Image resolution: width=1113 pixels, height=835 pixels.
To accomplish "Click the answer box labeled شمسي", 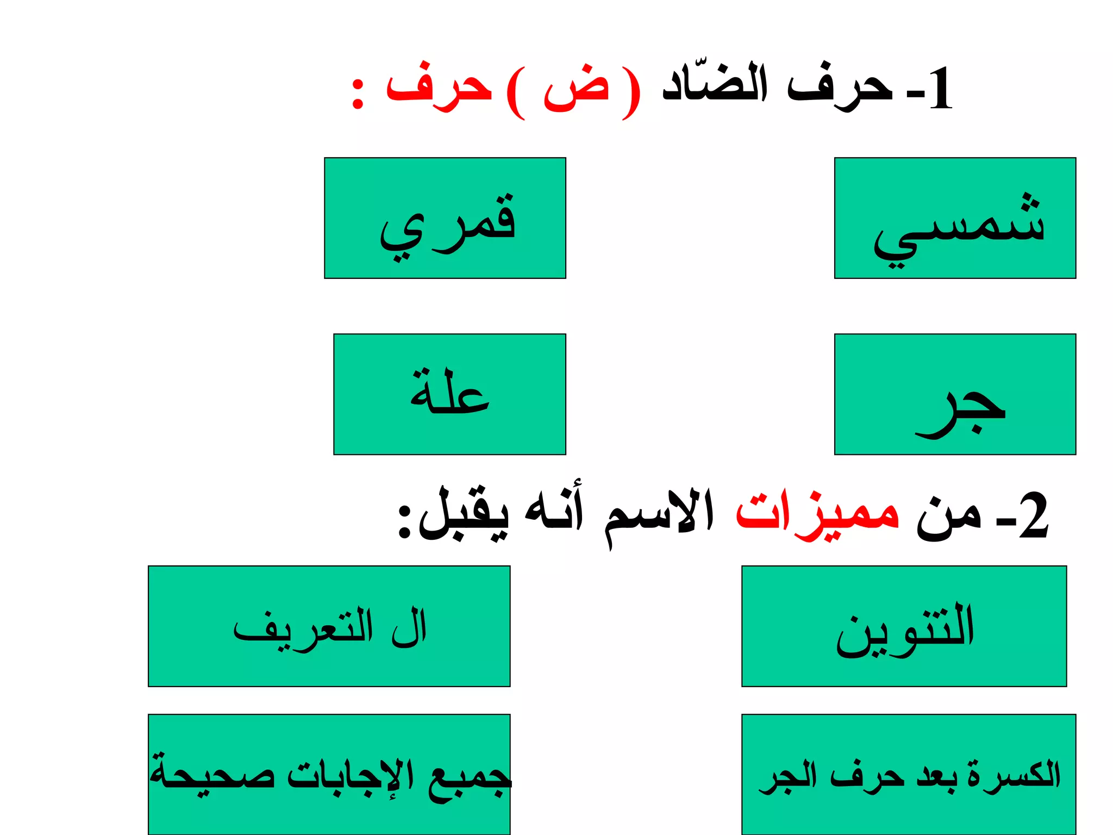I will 955,218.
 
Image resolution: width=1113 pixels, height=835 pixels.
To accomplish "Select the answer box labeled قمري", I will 445,218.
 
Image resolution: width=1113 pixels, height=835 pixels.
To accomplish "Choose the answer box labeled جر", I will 955,394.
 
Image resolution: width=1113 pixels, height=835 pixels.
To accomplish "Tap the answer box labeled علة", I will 449,394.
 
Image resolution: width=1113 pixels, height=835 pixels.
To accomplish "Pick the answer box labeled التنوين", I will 904,626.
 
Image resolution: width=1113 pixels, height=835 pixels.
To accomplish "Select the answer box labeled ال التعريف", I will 329,626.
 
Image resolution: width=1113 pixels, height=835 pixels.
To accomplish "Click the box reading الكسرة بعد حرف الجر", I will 909,774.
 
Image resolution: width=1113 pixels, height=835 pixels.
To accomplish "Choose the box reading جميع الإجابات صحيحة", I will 329,774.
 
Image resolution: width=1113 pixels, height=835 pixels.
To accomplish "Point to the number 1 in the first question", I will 941,89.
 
